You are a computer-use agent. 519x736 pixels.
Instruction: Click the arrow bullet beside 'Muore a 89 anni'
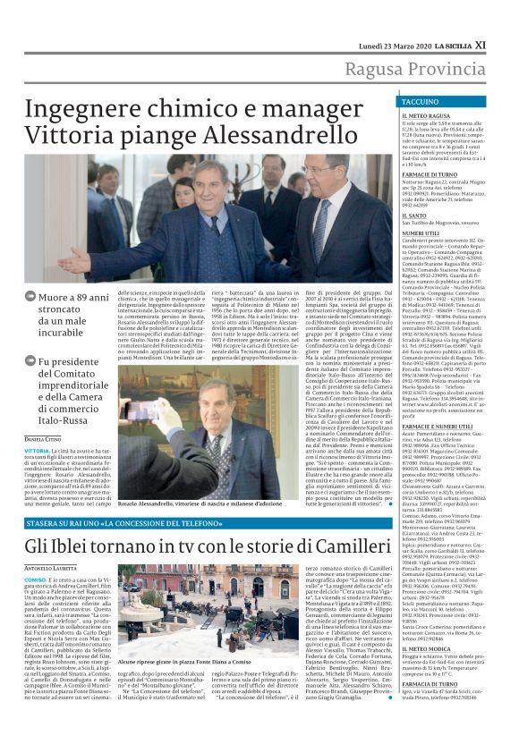[x=30, y=295]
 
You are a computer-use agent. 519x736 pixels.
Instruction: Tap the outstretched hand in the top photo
[x=76, y=260]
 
